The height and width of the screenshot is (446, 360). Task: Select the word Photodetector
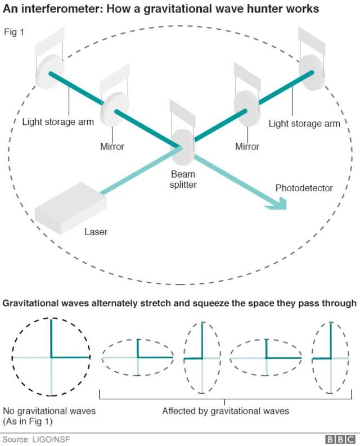click(x=304, y=188)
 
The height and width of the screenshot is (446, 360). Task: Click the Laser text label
click(x=96, y=232)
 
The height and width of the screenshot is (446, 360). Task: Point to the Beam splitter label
click(x=183, y=179)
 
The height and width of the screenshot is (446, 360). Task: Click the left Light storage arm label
click(x=58, y=122)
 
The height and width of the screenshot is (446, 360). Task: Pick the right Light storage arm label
click(x=304, y=123)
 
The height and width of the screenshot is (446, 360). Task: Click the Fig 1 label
click(x=15, y=32)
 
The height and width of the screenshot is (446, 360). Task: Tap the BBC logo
click(x=340, y=439)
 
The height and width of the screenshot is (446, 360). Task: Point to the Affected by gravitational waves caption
click(x=226, y=411)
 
